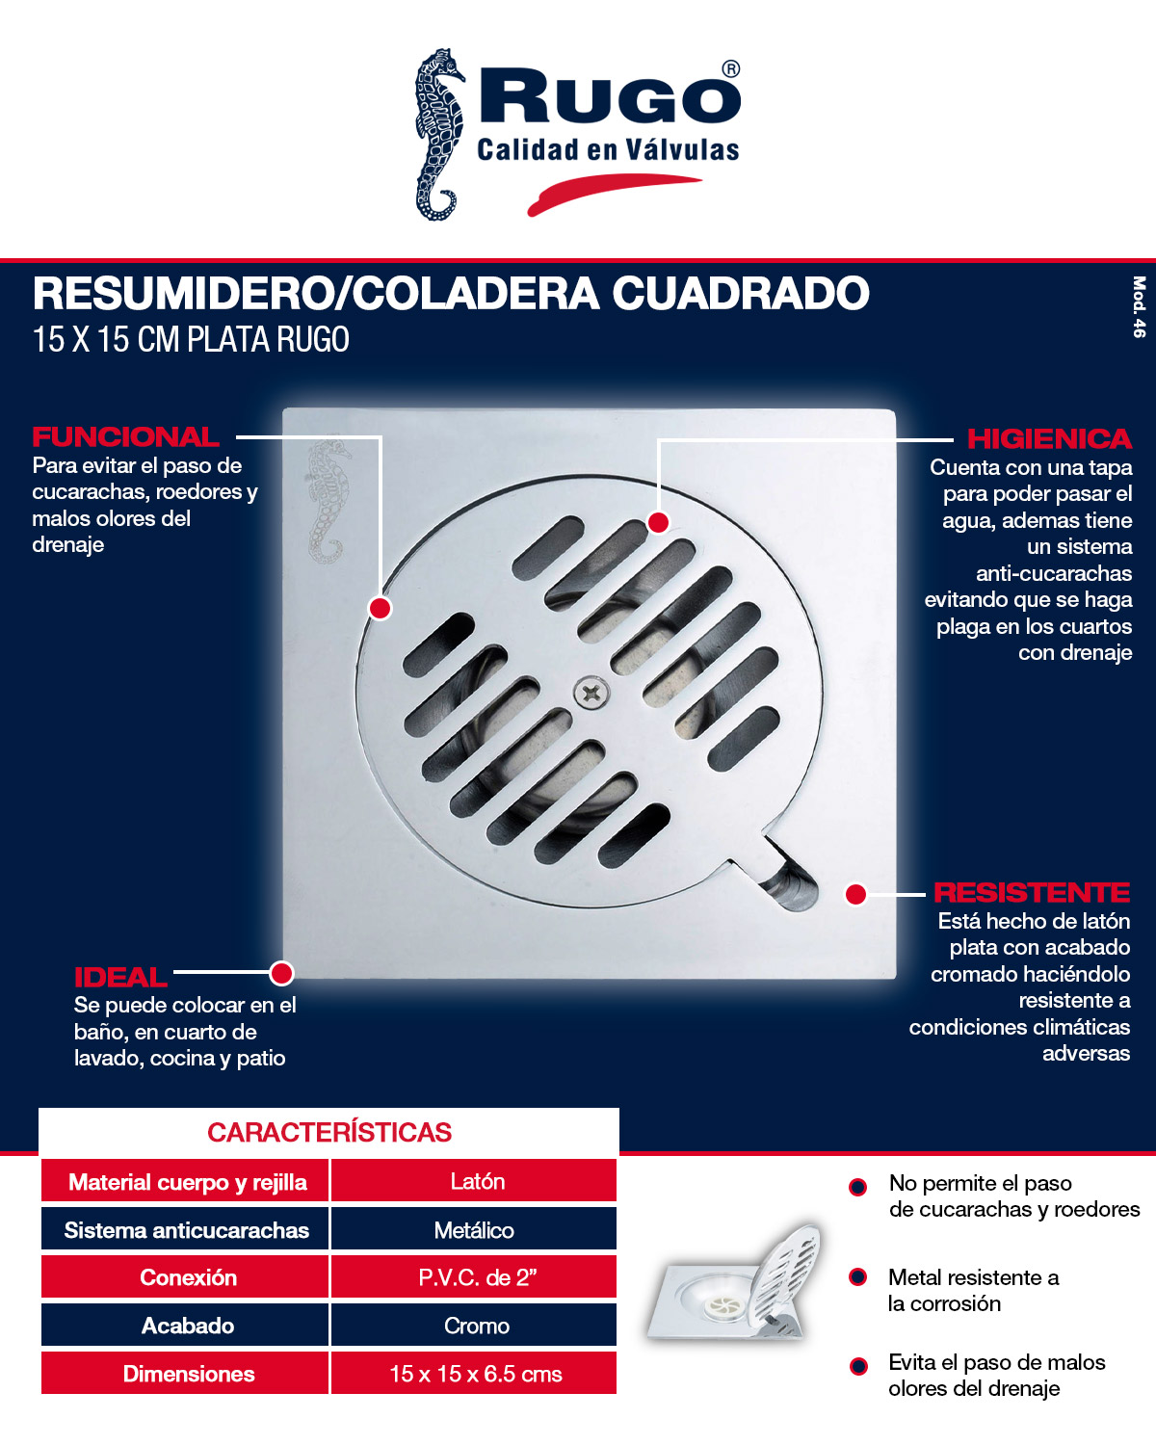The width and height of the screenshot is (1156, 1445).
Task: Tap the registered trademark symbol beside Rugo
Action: (731, 69)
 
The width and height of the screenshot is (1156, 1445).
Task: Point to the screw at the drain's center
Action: (591, 692)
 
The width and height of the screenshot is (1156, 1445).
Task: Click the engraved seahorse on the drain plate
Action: (328, 501)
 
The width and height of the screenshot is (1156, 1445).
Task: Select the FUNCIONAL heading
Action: (126, 437)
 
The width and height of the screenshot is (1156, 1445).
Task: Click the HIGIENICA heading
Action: (1049, 439)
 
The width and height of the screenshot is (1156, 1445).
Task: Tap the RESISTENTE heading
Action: (1032, 893)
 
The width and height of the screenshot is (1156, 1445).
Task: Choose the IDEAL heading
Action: (120, 978)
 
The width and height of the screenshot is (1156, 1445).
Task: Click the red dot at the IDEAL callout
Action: (281, 973)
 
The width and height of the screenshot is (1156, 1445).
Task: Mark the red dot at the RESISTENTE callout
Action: (855, 894)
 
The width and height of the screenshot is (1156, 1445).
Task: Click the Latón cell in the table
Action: (477, 1182)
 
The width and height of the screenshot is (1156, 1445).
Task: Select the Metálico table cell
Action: (474, 1230)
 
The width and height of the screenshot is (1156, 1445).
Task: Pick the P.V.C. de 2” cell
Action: (477, 1278)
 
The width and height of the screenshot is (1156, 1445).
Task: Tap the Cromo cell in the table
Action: (476, 1327)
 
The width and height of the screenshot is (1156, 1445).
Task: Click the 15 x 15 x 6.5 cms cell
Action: (476, 1375)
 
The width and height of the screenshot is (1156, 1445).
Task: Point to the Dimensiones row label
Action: (189, 1375)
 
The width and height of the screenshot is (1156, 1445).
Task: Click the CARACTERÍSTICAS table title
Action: (329, 1133)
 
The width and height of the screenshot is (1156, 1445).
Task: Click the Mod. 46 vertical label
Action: (1139, 307)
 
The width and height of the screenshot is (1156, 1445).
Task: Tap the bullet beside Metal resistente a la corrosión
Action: (857, 1277)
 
